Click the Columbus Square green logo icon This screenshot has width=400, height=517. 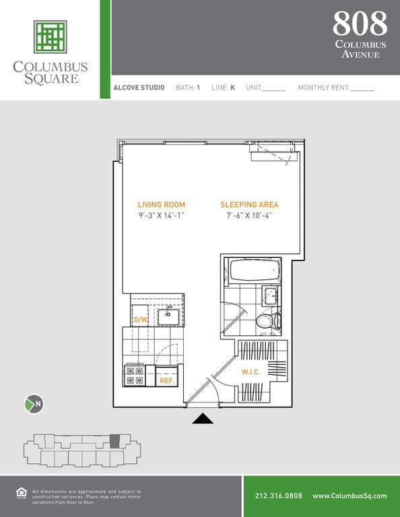pyautogui.click(x=51, y=36)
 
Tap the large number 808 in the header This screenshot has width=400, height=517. pyautogui.click(x=360, y=24)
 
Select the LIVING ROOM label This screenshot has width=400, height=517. pyautogui.click(x=161, y=205)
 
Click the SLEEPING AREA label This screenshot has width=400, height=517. pyautogui.click(x=249, y=205)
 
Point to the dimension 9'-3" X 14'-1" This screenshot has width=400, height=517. pyautogui.click(x=161, y=216)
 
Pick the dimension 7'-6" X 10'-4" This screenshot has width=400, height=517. pyautogui.click(x=249, y=216)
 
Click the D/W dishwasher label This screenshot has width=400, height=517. pyautogui.click(x=141, y=320)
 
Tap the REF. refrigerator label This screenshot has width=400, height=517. pyautogui.click(x=166, y=381)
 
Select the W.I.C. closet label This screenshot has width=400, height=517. pyautogui.click(x=251, y=372)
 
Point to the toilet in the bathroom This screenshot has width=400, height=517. pyautogui.click(x=267, y=320)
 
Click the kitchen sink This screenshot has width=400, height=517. pyautogui.click(x=168, y=315)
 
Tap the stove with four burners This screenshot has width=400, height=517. pyautogui.click(x=135, y=375)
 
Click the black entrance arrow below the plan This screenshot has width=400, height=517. pyautogui.click(x=203, y=419)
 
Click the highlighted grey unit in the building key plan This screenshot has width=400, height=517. pyautogui.click(x=114, y=442)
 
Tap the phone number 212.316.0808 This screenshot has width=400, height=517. pyautogui.click(x=279, y=496)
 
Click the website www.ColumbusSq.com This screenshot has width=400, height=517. pyautogui.click(x=349, y=496)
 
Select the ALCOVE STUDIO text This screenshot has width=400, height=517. pyautogui.click(x=139, y=88)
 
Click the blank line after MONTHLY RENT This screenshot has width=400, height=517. pyautogui.click(x=362, y=89)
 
